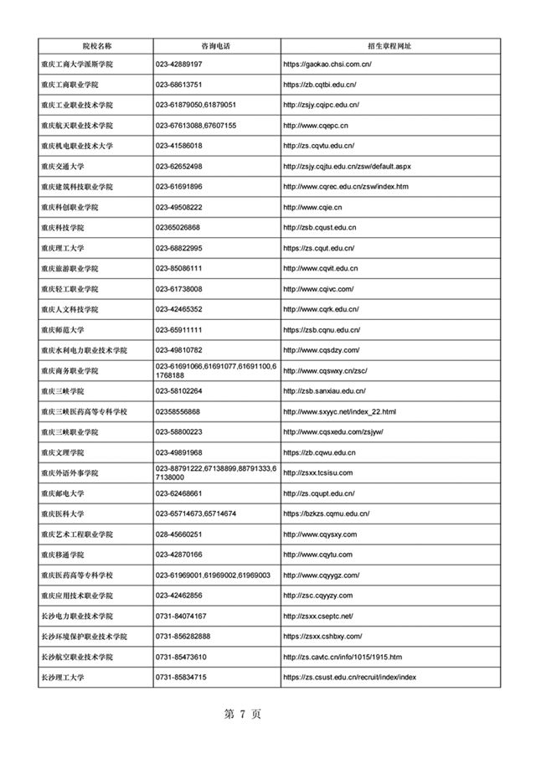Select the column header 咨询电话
pos(216,44)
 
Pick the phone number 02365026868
pos(178,228)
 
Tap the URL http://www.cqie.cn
pos(312,208)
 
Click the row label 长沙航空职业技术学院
pos(77,657)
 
